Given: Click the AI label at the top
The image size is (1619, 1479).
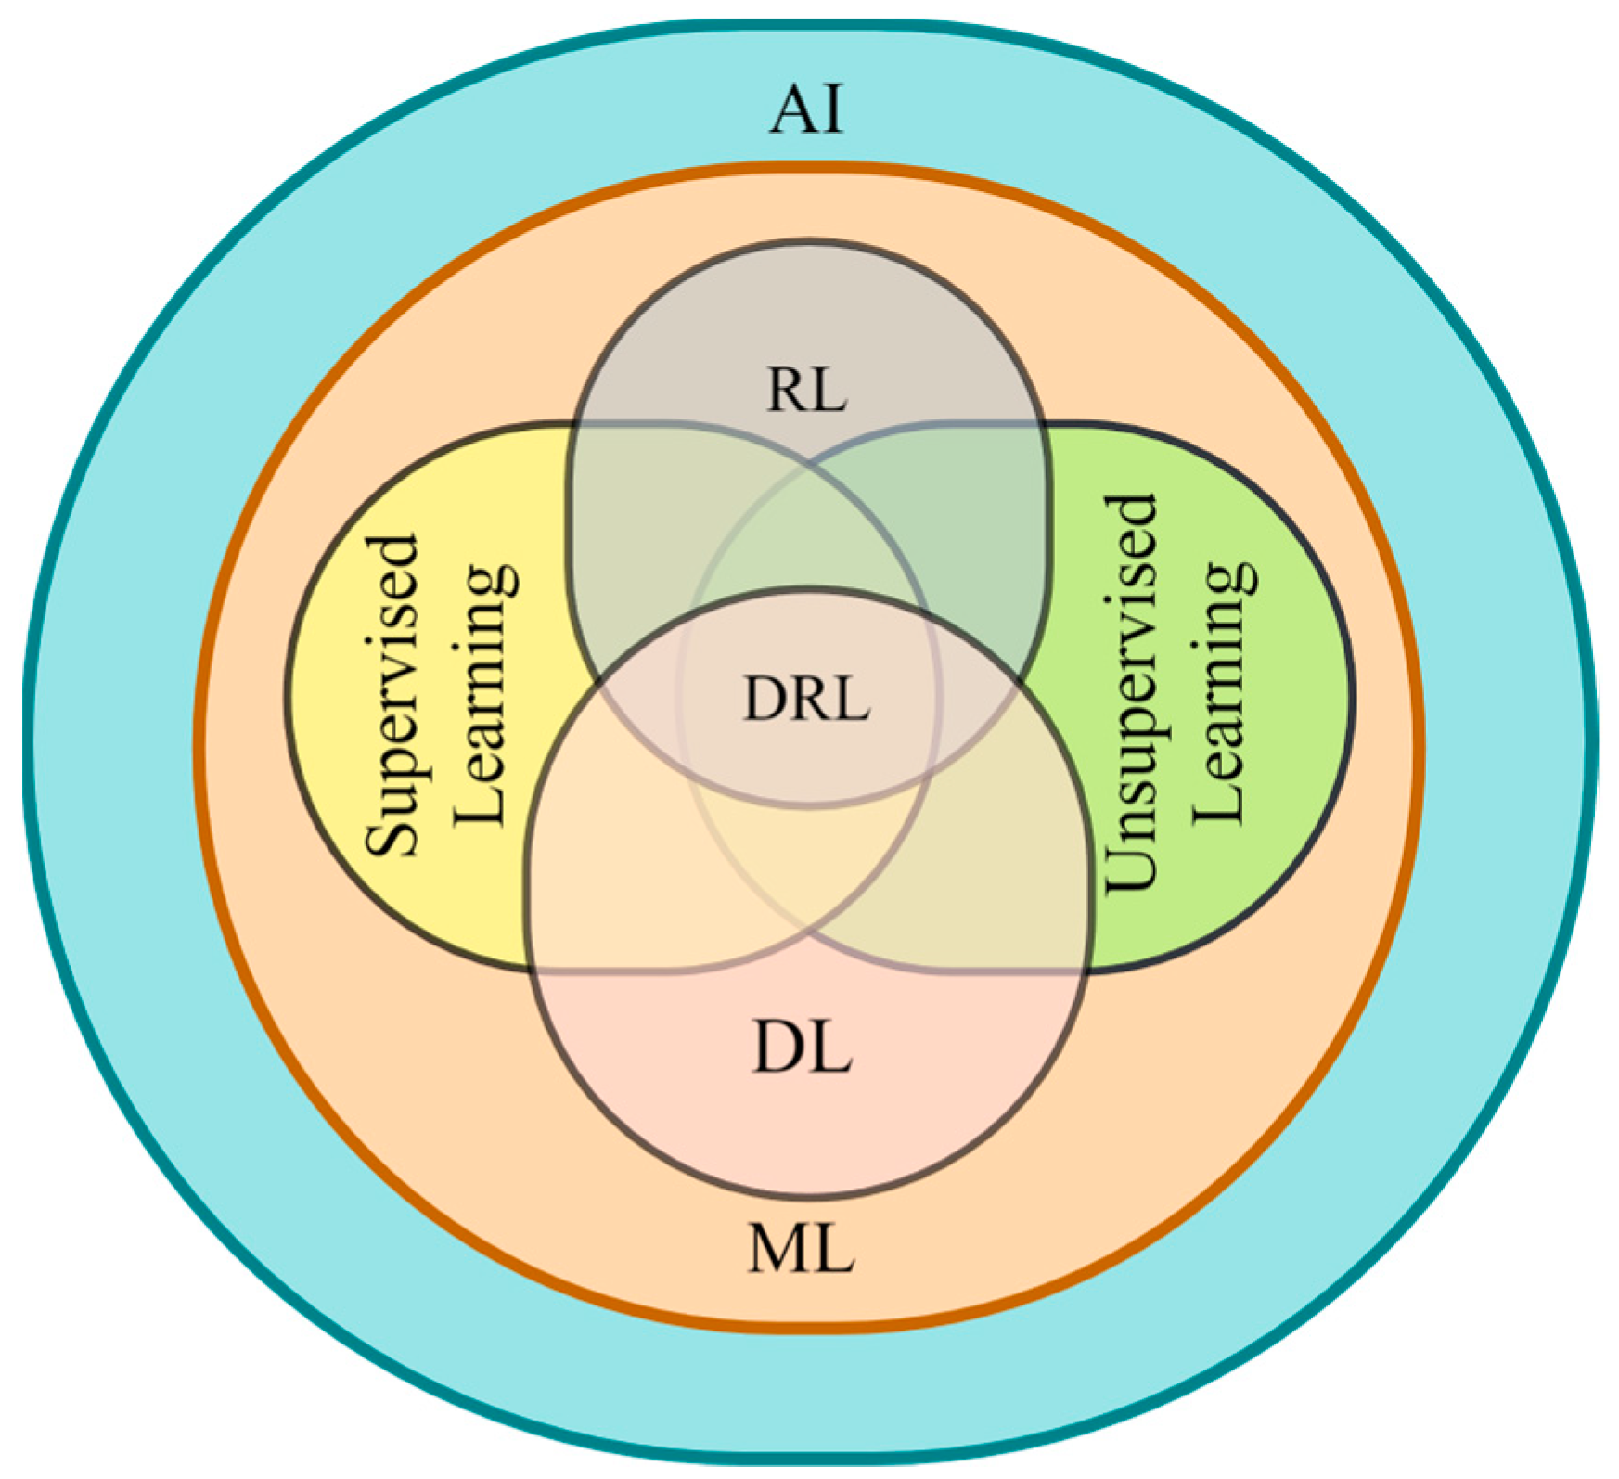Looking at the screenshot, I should [807, 109].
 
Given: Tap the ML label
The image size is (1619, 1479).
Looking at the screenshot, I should [802, 1249].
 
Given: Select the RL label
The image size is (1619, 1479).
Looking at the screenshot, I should [806, 390].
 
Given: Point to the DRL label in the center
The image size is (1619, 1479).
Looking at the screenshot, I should [806, 699].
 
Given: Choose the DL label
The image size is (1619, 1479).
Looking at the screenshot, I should [802, 1049].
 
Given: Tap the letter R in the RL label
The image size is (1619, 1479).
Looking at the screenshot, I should [787, 390].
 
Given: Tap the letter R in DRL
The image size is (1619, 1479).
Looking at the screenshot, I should [807, 699].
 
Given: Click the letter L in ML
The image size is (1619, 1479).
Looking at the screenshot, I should [833, 1249].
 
